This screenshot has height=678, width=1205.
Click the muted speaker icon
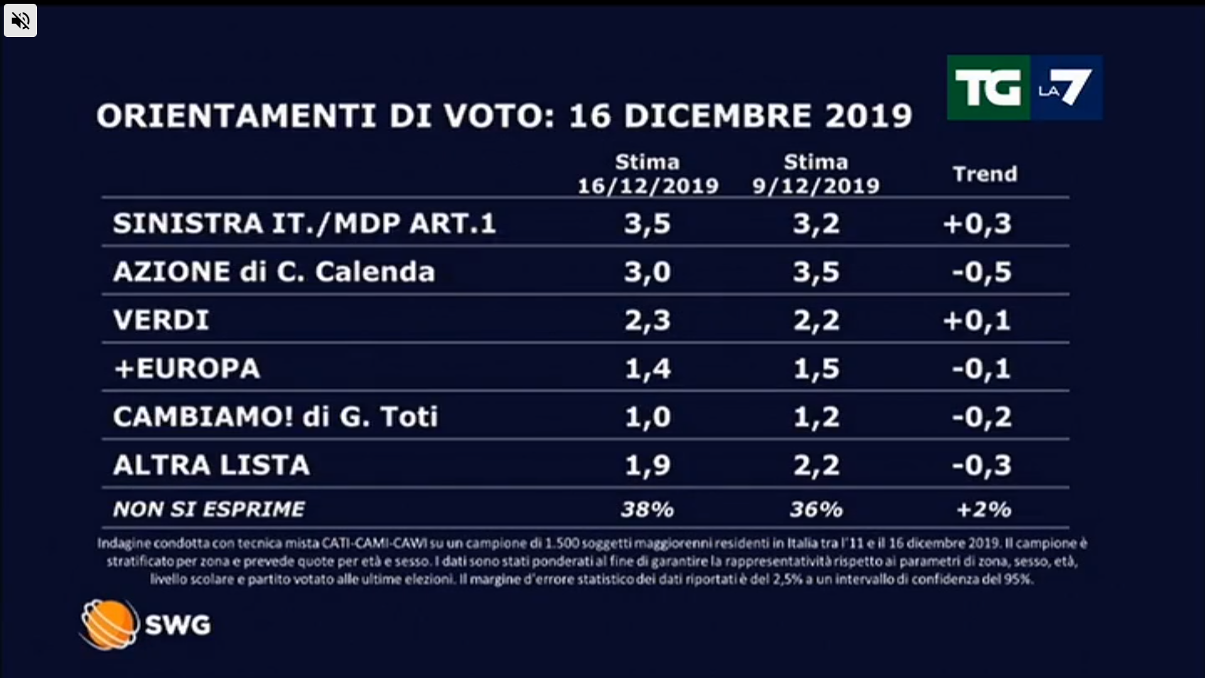click(20, 21)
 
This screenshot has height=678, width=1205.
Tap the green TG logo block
click(988, 87)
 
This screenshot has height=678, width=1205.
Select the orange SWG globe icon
click(109, 624)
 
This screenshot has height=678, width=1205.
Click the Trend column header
click(985, 174)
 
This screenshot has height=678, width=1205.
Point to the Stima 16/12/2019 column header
click(648, 174)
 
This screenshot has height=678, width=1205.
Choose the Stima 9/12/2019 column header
click(816, 174)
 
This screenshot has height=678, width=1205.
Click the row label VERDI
click(161, 320)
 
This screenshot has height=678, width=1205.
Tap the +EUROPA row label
click(186, 369)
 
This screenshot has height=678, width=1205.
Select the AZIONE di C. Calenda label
click(274, 272)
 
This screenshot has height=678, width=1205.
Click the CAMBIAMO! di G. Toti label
click(276, 417)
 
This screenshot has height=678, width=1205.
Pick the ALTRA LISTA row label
click(212, 465)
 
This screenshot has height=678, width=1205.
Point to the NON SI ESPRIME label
click(209, 509)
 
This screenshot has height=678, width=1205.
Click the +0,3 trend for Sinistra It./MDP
click(977, 224)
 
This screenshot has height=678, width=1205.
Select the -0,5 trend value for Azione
click(982, 272)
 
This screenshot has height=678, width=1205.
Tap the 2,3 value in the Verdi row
click(648, 321)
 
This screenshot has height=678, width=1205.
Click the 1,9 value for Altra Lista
click(648, 466)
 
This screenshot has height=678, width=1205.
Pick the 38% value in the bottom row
click(647, 509)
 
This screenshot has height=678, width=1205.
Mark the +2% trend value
click(983, 509)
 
